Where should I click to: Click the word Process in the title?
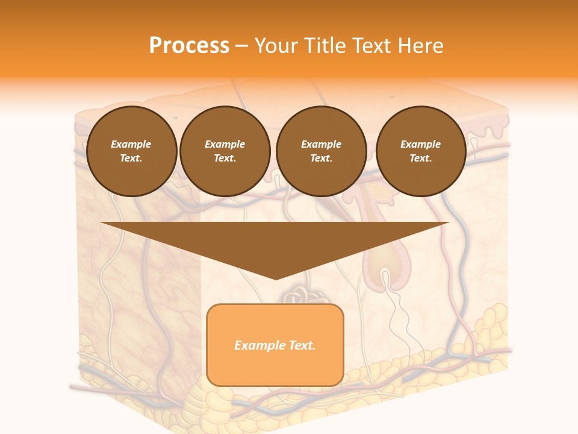point(189,46)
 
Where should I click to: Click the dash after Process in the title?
point(242,46)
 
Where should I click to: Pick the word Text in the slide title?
point(374,46)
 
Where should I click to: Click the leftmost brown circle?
point(132,151)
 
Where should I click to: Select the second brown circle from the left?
point(225,151)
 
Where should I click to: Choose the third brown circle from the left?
point(321,151)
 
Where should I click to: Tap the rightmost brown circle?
point(421,151)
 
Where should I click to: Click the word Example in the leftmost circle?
point(131,144)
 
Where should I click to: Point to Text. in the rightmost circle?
point(420,159)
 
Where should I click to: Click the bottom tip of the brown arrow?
point(275,279)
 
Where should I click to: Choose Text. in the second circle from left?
point(225,159)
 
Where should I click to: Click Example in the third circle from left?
point(321,144)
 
